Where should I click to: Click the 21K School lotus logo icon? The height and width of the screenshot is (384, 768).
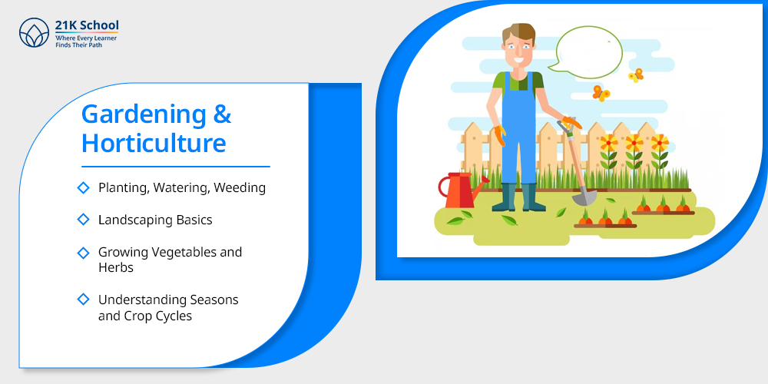tap(35, 33)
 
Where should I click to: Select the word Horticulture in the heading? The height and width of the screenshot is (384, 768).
tap(154, 143)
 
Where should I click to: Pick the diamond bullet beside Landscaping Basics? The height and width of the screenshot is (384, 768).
tap(84, 220)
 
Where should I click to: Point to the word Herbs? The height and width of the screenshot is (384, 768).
tap(116, 268)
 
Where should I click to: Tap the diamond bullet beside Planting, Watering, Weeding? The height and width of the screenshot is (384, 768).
tap(84, 187)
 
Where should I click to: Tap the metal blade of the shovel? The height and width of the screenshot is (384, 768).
tap(584, 197)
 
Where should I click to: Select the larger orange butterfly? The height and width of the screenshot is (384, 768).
tap(601, 93)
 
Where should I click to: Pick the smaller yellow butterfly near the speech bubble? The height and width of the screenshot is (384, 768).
tap(636, 75)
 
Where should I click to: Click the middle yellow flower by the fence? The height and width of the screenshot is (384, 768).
tap(634, 143)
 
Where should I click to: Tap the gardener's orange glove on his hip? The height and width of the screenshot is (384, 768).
tap(500, 136)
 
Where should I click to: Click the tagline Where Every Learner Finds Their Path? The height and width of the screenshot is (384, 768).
tap(86, 41)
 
